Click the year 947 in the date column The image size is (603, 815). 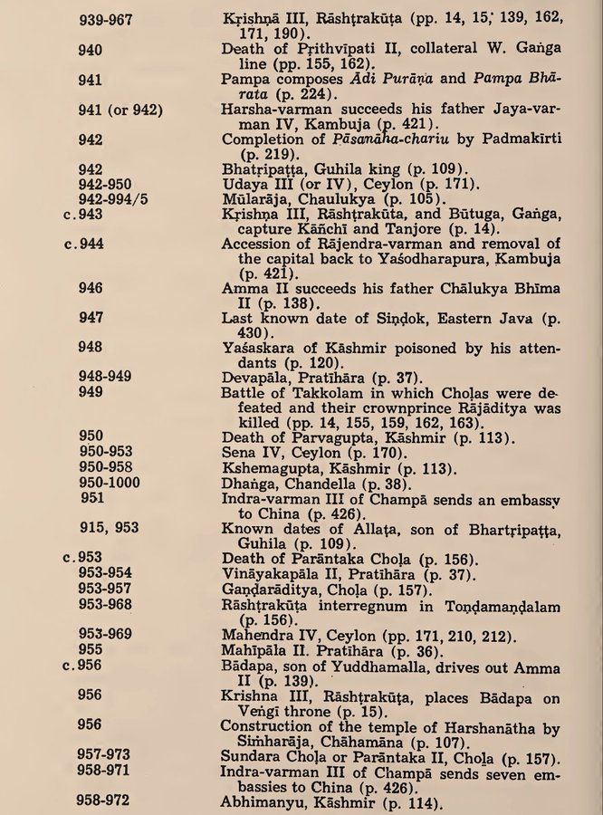tap(91, 320)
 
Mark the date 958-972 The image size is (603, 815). tap(103, 801)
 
